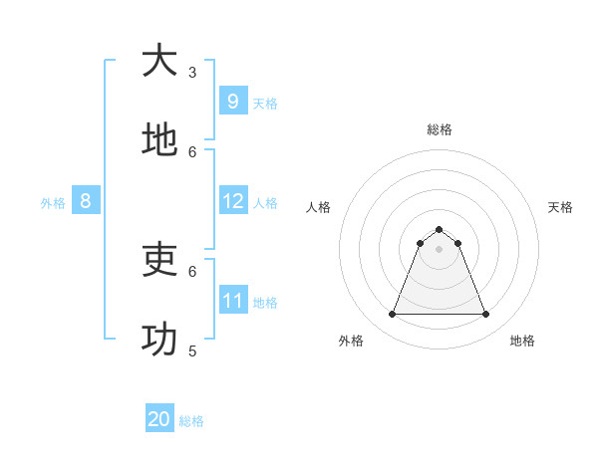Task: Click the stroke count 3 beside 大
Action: pyautogui.click(x=192, y=72)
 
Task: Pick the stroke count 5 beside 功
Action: pyautogui.click(x=192, y=351)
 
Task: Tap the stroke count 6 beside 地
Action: pyautogui.click(x=192, y=151)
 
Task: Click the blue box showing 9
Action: pyautogui.click(x=232, y=102)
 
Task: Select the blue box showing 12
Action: pyautogui.click(x=232, y=201)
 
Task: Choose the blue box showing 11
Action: pyautogui.click(x=232, y=301)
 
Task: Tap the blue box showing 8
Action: pyautogui.click(x=86, y=201)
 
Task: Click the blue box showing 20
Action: pyautogui.click(x=159, y=419)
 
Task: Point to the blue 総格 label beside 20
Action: pyautogui.click(x=191, y=421)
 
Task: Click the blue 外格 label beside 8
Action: pyautogui.click(x=53, y=203)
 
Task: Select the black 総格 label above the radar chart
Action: pyautogui.click(x=439, y=129)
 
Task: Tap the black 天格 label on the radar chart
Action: pyautogui.click(x=560, y=207)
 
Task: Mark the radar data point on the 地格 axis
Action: pyautogui.click(x=486, y=315)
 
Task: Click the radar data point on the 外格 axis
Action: pyautogui.click(x=392, y=315)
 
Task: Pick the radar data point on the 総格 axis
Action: pyautogui.click(x=439, y=229)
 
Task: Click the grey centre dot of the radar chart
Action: pyautogui.click(x=439, y=249)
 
